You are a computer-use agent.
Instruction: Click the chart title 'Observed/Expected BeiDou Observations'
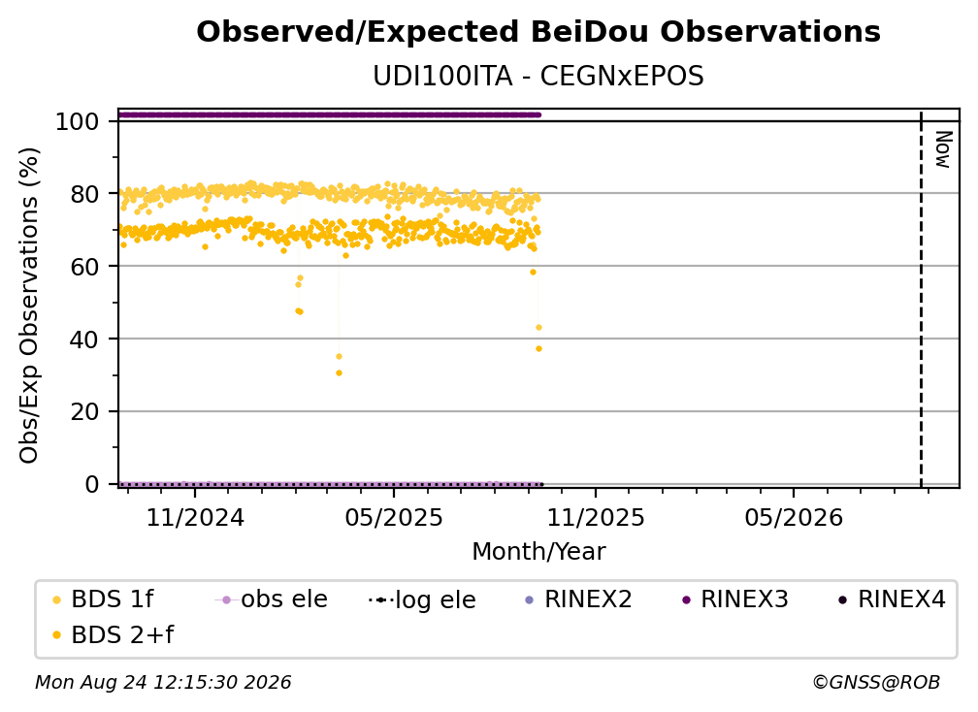pyautogui.click(x=538, y=32)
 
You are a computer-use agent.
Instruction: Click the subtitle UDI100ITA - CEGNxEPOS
pyautogui.click(x=538, y=77)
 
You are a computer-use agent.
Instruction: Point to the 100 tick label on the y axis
pyautogui.click(x=78, y=121)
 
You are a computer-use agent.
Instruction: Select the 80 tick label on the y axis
pyautogui.click(x=84, y=194)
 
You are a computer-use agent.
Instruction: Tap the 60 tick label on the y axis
pyautogui.click(x=84, y=267)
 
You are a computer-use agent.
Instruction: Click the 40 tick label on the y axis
pyautogui.click(x=84, y=340)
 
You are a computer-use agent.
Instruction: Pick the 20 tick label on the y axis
pyautogui.click(x=84, y=412)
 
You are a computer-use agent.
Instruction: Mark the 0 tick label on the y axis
pyautogui.click(x=92, y=484)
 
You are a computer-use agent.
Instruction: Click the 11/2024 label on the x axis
pyautogui.click(x=195, y=517)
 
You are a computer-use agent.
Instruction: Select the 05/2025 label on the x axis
pyautogui.click(x=394, y=517)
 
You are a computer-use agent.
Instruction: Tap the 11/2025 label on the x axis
pyautogui.click(x=596, y=517)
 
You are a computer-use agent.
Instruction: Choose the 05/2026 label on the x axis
pyautogui.click(x=794, y=517)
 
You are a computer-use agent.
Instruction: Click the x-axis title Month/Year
pyautogui.click(x=538, y=552)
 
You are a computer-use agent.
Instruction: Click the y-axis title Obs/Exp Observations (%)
pyautogui.click(x=29, y=305)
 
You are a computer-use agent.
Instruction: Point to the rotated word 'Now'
pyautogui.click(x=943, y=149)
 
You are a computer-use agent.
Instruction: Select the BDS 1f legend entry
pyautogui.click(x=103, y=599)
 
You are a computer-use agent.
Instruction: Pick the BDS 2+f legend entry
pyautogui.click(x=113, y=635)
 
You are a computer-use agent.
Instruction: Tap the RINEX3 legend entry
pyautogui.click(x=735, y=599)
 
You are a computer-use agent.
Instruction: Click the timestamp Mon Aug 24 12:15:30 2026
pyautogui.click(x=163, y=683)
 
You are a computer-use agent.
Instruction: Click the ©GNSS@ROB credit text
pyautogui.click(x=876, y=683)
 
